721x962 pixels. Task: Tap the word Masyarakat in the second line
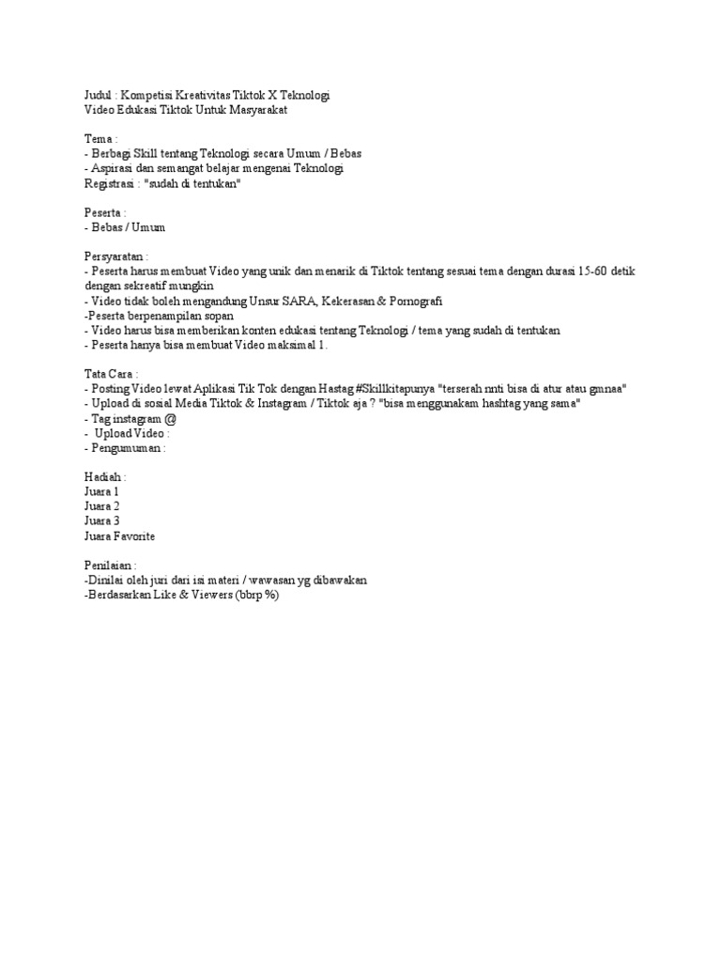tap(255, 111)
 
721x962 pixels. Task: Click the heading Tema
tap(99, 139)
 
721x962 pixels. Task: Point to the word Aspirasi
tap(114, 168)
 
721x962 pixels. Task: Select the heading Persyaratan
tap(115, 256)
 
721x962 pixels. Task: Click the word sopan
tap(218, 315)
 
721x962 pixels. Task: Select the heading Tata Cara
tap(110, 373)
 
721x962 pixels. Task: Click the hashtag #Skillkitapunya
tap(396, 388)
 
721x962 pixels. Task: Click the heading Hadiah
tap(104, 476)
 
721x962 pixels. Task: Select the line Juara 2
tap(101, 505)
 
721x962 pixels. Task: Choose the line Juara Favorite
tap(119, 535)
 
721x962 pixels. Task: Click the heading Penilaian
tap(109, 566)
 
